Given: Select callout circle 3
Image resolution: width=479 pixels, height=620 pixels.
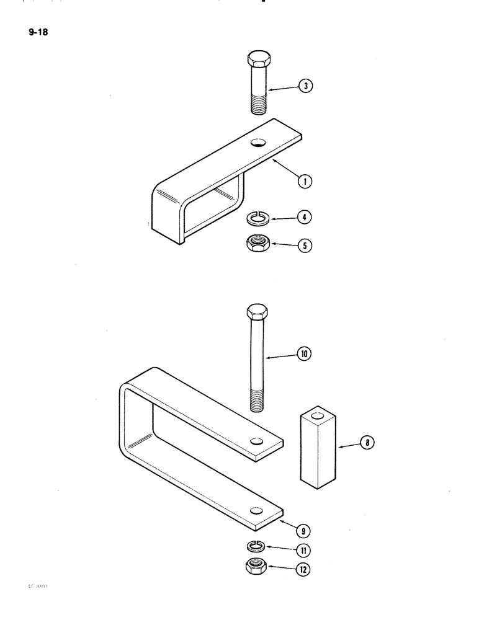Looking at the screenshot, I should coord(304,87).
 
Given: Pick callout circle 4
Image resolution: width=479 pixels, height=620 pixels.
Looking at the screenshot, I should coord(304,218).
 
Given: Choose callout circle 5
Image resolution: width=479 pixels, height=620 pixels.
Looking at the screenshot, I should coord(304,246).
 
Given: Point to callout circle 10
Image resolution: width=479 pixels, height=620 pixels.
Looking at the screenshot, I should coord(304,355).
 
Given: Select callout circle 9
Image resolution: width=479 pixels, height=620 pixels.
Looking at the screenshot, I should coord(305,530).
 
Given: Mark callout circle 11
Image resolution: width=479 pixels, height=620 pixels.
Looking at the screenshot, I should coord(304,549).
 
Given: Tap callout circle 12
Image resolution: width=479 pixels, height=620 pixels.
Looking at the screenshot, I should coord(304,570).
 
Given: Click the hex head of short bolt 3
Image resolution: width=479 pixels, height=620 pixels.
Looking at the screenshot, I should coord(258,61).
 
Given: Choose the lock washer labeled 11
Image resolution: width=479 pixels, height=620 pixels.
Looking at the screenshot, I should coord(256,546).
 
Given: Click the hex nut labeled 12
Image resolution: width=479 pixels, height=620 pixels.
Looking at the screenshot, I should coord(256,567).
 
